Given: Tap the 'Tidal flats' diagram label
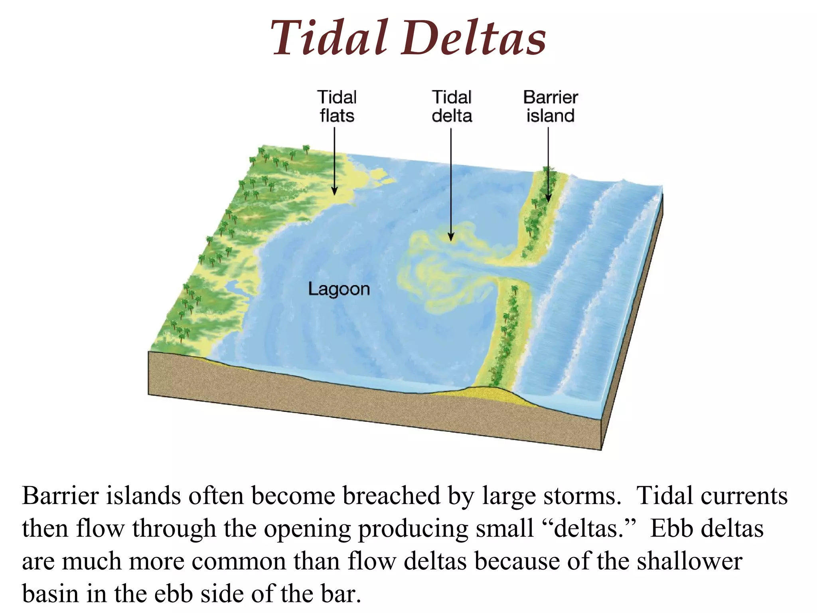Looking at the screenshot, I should [x=337, y=106].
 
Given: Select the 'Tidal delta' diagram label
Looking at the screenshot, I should [x=452, y=106].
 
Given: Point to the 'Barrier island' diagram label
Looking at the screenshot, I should [x=551, y=106].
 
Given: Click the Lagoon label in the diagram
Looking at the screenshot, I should [x=339, y=289].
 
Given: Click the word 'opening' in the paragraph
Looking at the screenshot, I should [x=307, y=529].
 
